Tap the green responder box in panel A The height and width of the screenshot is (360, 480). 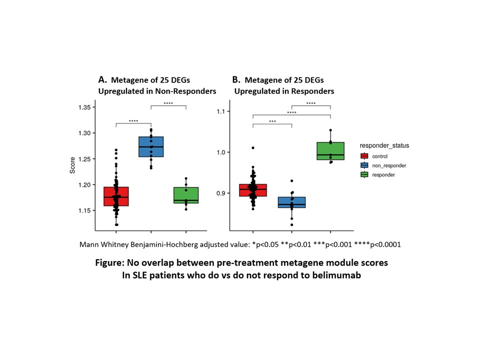click(x=185, y=194)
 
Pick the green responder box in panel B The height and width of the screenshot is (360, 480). click(x=330, y=150)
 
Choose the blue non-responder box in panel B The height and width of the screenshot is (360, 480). click(x=291, y=202)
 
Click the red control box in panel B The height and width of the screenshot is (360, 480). click(x=252, y=190)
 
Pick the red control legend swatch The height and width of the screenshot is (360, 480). click(x=365, y=156)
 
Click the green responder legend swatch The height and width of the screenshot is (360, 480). click(x=365, y=174)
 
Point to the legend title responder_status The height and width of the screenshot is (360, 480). click(x=384, y=145)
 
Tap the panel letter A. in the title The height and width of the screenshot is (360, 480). click(x=102, y=79)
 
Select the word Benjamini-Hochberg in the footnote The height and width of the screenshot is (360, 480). click(x=163, y=245)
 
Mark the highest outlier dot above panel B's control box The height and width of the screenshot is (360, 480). click(x=252, y=148)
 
